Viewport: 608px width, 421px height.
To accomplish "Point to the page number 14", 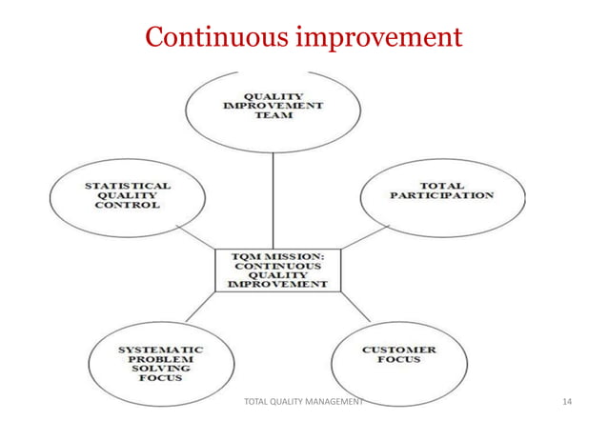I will click(568, 402).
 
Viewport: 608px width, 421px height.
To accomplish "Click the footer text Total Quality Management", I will click(304, 402).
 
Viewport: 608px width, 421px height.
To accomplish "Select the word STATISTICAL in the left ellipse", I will click(126, 185).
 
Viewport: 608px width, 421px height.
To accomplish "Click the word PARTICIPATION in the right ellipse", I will click(441, 195).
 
